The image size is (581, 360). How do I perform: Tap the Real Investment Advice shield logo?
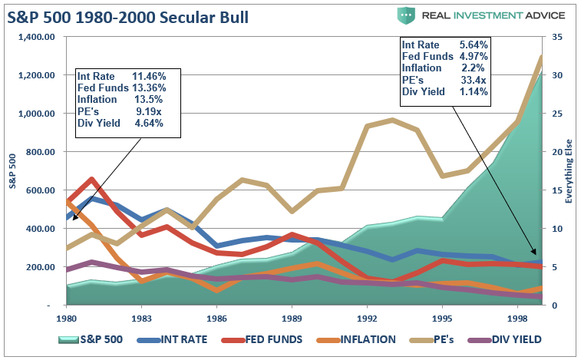click(406, 15)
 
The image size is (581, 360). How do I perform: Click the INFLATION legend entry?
click(354, 339)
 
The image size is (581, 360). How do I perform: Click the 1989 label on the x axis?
click(291, 317)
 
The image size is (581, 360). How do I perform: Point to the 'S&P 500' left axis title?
click(11, 170)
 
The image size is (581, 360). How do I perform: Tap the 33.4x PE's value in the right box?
click(473, 81)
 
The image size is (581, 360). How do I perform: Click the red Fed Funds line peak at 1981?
click(92, 180)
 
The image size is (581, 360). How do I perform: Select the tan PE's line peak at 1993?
click(393, 120)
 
